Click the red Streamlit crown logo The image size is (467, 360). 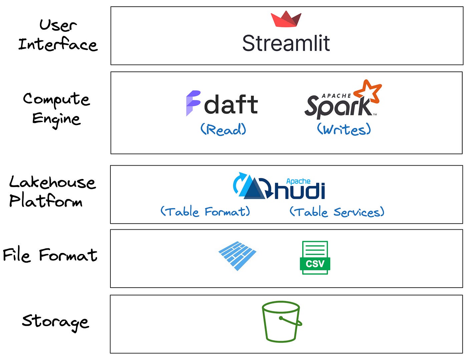coord(286,19)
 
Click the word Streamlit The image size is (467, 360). coord(286,43)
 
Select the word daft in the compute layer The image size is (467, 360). coord(231,105)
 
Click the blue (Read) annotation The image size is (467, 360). coord(223,129)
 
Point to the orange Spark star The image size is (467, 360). coord(367,91)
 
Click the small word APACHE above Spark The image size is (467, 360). coord(336,96)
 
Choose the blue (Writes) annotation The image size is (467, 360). coord(344,129)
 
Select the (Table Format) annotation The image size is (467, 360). coord(205,212)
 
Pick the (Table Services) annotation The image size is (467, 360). coord(337,212)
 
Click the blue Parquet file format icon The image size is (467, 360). coord(237,256)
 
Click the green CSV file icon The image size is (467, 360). coord(315,258)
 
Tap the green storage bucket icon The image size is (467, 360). coord(281,321)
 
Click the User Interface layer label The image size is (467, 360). coord(57,35)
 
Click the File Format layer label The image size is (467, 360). coord(50,255)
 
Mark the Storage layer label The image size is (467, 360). coord(55,321)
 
